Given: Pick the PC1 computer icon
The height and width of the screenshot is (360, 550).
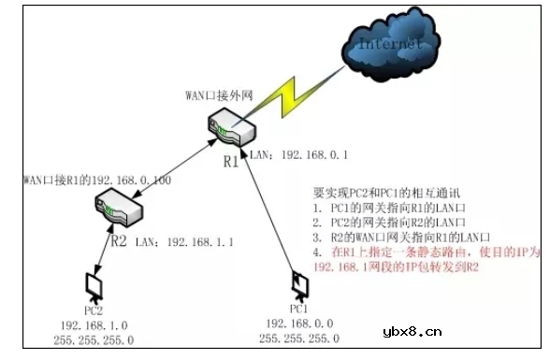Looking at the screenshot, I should (298, 285).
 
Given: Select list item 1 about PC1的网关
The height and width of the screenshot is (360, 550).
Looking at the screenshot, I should (390, 208).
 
